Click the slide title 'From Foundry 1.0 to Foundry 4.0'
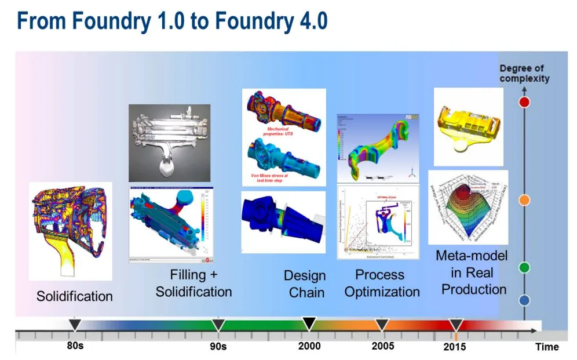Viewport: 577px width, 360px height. pyautogui.click(x=172, y=21)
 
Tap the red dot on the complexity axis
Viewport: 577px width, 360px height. pyautogui.click(x=524, y=103)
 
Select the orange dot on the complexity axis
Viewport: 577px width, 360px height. pyautogui.click(x=524, y=200)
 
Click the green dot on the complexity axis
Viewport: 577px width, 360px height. pyautogui.click(x=524, y=267)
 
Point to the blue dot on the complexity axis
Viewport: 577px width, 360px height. pyautogui.click(x=524, y=300)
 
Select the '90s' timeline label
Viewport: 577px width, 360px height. pyautogui.click(x=218, y=347)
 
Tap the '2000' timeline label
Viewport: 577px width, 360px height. pyautogui.click(x=309, y=346)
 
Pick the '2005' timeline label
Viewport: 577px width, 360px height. pyautogui.click(x=382, y=346)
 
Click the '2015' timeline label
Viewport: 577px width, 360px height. pyautogui.click(x=454, y=347)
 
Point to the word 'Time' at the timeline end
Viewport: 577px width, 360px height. pyautogui.click(x=547, y=347)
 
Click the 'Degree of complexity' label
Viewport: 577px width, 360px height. pyautogui.click(x=524, y=74)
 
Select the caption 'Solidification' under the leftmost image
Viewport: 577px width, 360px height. pyautogui.click(x=75, y=296)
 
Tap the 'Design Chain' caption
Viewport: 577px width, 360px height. pyautogui.click(x=305, y=284)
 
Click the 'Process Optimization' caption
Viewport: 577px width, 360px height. pyautogui.click(x=382, y=283)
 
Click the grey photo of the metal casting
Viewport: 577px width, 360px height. pyautogui.click(x=169, y=143)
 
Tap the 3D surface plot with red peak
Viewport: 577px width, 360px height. pyautogui.click(x=468, y=207)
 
